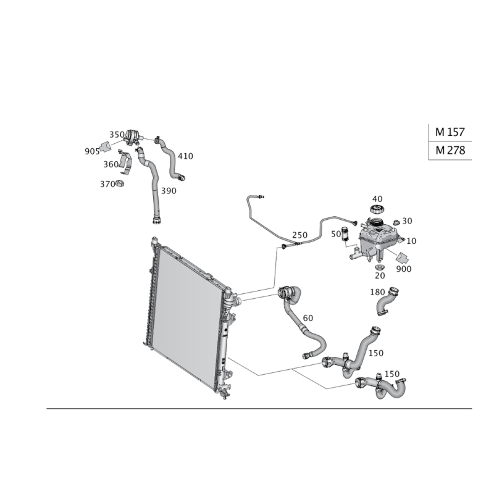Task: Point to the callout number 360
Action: coord(111,164)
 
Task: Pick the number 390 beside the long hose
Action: coord(169,191)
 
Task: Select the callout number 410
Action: coord(186,157)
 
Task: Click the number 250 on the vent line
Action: coord(299,235)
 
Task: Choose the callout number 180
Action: coord(377,291)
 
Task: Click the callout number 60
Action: coord(308,317)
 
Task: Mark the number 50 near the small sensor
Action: coord(336,234)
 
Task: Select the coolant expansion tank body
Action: coord(377,238)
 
